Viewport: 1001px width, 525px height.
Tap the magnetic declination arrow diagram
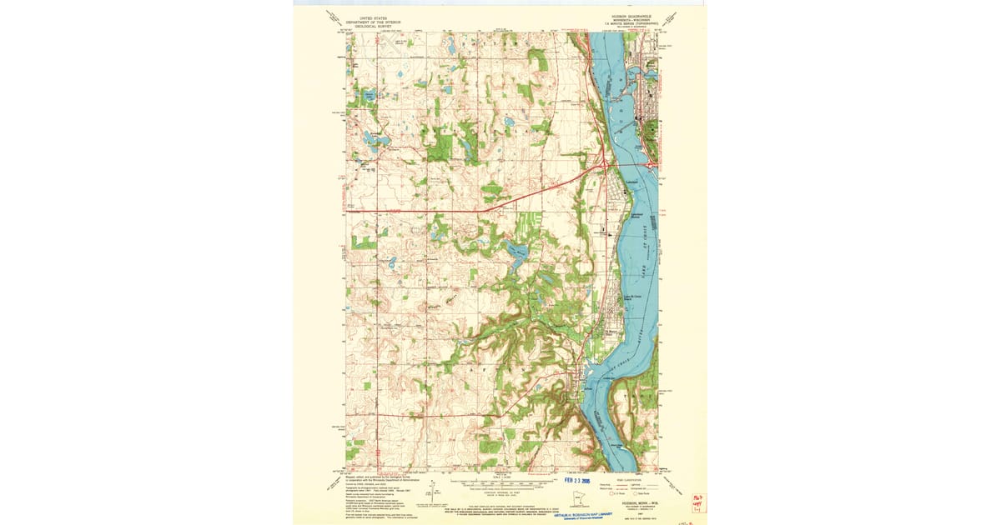coord(433,491)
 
